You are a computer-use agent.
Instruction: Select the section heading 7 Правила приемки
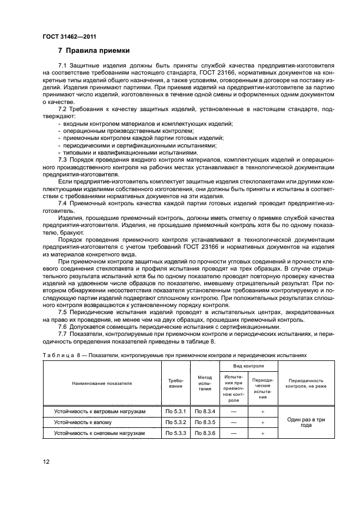(94, 51)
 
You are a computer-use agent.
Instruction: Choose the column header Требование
(176, 383)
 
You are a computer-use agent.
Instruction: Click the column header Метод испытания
(205, 383)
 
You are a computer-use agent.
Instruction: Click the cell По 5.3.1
(176, 412)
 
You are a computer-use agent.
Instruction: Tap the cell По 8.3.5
(205, 422)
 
